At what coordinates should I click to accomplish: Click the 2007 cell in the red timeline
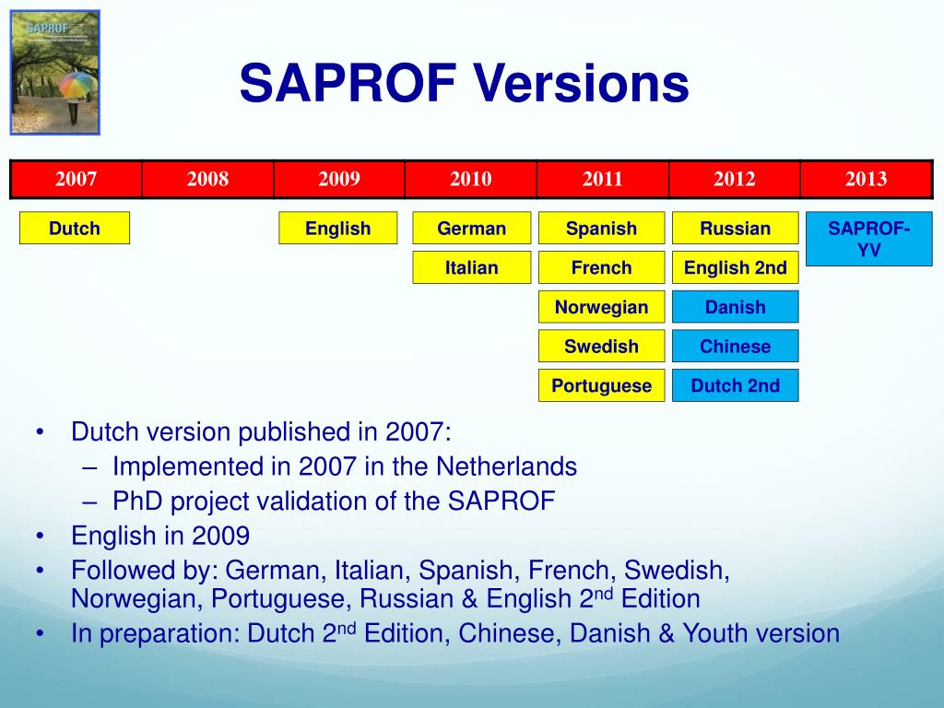click(x=76, y=179)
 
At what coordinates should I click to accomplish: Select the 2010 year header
click(x=471, y=179)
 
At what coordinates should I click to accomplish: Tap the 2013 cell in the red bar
click(x=867, y=179)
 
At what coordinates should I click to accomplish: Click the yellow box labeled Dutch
click(x=75, y=229)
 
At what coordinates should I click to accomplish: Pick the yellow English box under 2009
click(x=338, y=229)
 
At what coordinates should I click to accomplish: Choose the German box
click(x=471, y=229)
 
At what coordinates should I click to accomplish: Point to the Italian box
click(x=471, y=268)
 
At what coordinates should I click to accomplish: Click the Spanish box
click(x=601, y=229)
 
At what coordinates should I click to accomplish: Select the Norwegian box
click(x=601, y=307)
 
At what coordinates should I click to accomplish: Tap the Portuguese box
click(x=601, y=386)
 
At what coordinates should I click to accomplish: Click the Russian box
click(x=735, y=229)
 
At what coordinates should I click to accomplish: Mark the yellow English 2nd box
click(x=735, y=268)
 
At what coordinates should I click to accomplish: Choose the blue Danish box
click(x=735, y=307)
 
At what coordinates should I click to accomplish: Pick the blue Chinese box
click(x=735, y=347)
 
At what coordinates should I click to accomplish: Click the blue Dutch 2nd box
click(x=735, y=386)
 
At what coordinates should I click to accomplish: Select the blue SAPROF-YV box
click(x=868, y=239)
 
